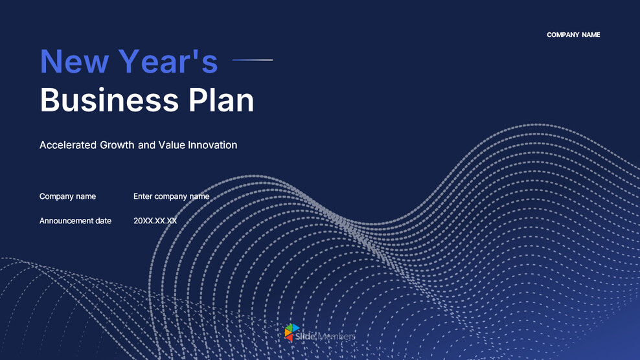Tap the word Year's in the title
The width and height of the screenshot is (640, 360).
pos(168,62)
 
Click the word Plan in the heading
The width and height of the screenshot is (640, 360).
pos(222,100)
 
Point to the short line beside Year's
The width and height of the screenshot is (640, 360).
pos(253,60)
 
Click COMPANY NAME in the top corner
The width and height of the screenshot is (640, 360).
pos(573,35)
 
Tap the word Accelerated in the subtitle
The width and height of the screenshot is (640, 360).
pos(68,145)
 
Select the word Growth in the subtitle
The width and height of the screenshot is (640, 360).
pos(117,145)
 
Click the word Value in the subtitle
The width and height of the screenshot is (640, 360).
pos(172,145)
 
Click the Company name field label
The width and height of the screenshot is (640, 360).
pos(67,196)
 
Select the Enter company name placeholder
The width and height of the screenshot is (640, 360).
pos(171,196)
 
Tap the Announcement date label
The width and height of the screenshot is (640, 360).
pos(75,221)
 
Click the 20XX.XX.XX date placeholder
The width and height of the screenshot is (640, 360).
pos(155,221)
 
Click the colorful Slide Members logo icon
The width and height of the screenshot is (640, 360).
pos(292,332)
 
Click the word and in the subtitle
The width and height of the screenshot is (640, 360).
pos(146,145)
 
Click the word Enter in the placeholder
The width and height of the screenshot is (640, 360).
pos(143,196)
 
